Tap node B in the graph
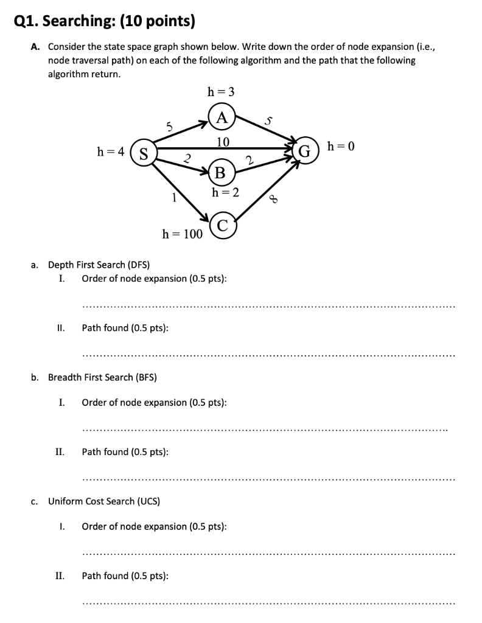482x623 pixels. tap(220, 173)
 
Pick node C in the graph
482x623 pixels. tap(223, 226)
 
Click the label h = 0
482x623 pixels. tap(341, 146)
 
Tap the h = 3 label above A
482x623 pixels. tap(221, 92)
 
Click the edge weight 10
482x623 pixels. tap(223, 142)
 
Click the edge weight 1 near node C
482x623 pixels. tap(174, 198)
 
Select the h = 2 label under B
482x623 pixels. tap(225, 192)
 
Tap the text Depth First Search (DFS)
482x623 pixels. tap(94, 265)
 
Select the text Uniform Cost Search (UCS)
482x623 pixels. tap(104, 501)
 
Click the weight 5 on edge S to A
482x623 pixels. tap(170, 127)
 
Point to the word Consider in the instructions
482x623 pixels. tap(65, 47)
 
